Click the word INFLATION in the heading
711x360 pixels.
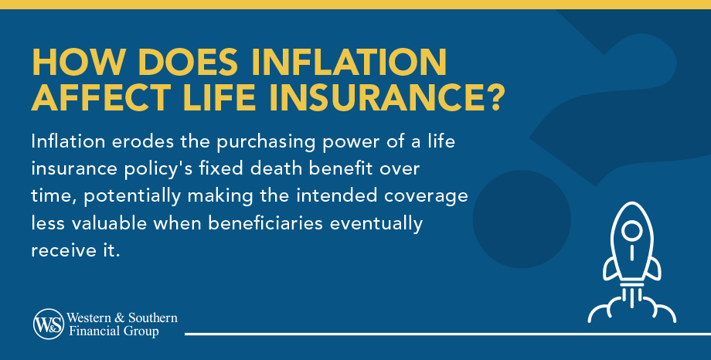coord(349,62)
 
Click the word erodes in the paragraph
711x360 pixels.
coord(143,141)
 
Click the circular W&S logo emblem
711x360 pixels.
coord(49,324)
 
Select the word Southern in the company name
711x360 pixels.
coord(152,318)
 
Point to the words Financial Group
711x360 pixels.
coord(114,331)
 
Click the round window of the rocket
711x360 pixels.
coord(631,231)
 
